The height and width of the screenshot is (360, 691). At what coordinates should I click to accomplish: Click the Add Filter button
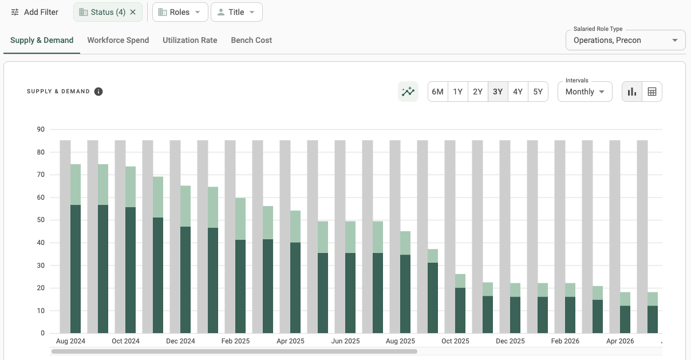point(35,12)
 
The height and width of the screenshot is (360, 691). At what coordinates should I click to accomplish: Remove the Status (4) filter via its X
point(133,12)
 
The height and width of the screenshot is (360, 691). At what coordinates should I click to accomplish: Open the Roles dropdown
point(180,12)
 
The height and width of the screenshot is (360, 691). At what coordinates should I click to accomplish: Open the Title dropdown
point(236,12)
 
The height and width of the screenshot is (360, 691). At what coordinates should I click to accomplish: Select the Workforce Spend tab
point(118,40)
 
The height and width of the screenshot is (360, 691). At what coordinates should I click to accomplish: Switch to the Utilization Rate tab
point(189,40)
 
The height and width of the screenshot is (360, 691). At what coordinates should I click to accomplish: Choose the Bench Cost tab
point(251,40)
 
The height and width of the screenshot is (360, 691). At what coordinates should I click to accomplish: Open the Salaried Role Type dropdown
point(625,40)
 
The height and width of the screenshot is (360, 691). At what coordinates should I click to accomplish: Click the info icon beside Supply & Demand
point(98,92)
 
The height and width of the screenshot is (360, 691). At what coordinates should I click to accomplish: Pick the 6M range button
point(438,92)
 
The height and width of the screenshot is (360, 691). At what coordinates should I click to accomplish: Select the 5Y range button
point(538,92)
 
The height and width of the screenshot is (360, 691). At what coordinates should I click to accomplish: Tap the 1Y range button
point(458,92)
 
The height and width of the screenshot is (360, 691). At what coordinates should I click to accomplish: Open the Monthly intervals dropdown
point(585,92)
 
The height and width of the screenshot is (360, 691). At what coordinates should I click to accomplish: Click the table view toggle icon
point(652,92)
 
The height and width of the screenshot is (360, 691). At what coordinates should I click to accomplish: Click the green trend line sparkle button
point(408,92)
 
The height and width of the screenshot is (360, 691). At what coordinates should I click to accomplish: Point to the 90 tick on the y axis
point(41,129)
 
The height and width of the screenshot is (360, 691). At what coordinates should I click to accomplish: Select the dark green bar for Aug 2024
point(76,269)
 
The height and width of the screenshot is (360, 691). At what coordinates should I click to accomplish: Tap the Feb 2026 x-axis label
point(565,341)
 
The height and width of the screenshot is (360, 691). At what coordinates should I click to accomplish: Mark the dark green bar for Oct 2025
point(460,310)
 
